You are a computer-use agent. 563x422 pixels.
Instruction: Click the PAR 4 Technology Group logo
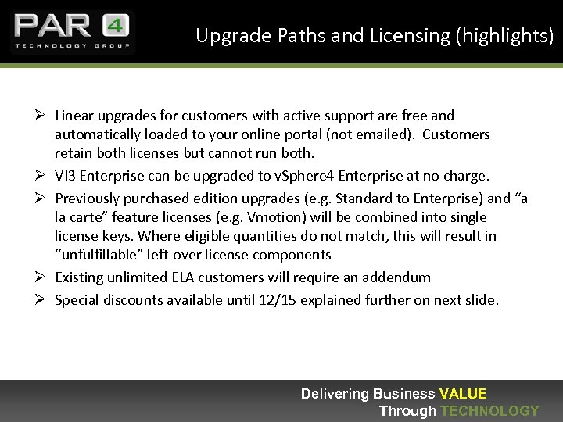click(x=72, y=32)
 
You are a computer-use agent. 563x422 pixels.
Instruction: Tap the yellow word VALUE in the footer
click(x=463, y=394)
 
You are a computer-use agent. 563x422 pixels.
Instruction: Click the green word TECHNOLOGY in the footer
click(x=489, y=411)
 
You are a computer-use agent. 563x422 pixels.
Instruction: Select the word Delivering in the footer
click(x=335, y=394)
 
